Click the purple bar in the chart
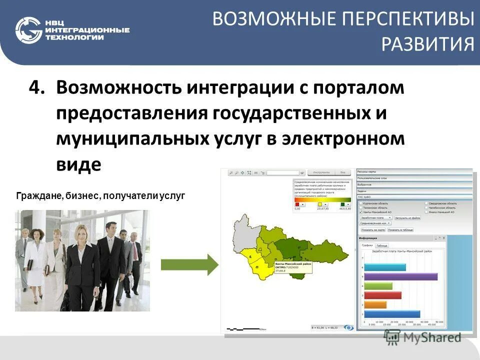click(400, 276)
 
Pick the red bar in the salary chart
click(382, 295)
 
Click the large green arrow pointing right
click(189, 263)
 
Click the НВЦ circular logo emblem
click(28, 30)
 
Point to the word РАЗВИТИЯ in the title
click(428, 44)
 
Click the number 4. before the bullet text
click(37, 88)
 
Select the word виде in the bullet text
click(78, 164)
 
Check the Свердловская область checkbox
click(426, 203)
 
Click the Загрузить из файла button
click(407, 218)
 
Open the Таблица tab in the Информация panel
click(381, 246)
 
